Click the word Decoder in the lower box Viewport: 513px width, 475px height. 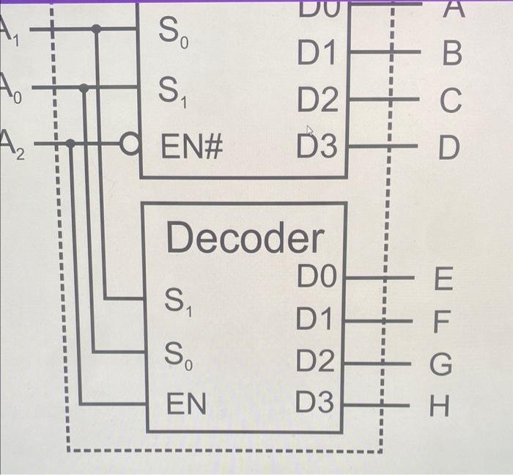pyautogui.click(x=245, y=238)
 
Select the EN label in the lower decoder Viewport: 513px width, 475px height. pyautogui.click(x=186, y=404)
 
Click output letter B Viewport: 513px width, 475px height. pyautogui.click(x=452, y=54)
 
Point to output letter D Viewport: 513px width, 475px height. pyautogui.click(x=449, y=148)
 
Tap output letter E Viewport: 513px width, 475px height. pyautogui.click(x=444, y=279)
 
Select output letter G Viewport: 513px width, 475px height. pyautogui.click(x=442, y=364)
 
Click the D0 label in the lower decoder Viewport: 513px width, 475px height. pyautogui.click(x=317, y=278)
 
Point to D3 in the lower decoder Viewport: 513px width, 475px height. pyautogui.click(x=315, y=402)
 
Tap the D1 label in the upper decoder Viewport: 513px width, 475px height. pyautogui.click(x=317, y=53)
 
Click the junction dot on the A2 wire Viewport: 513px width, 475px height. pyautogui.click(x=70, y=144)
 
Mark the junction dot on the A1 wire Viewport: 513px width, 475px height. pyautogui.click(x=96, y=29)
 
